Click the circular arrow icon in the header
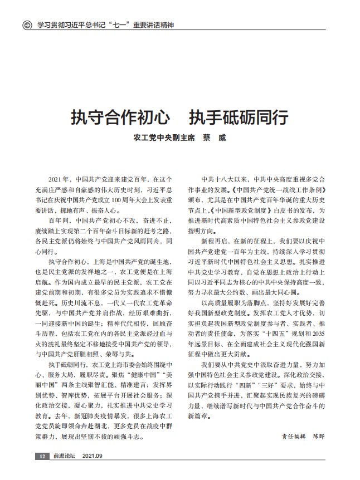(x=26, y=25)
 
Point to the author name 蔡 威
(x=215, y=136)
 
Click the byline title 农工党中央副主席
(x=164, y=136)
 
